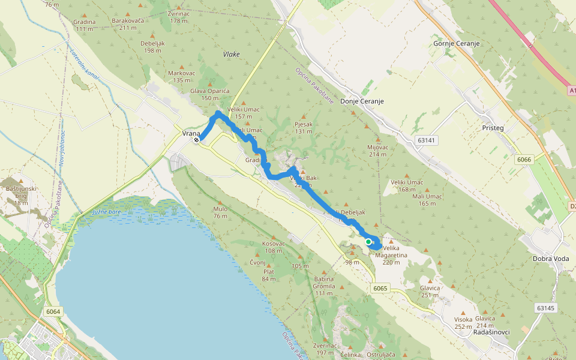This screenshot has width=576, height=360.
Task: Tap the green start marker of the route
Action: (368, 242)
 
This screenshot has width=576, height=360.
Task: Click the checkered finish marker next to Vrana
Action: (196, 140)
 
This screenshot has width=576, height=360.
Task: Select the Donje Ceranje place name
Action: (362, 101)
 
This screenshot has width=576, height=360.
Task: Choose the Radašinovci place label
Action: (491, 332)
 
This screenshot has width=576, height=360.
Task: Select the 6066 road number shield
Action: (524, 160)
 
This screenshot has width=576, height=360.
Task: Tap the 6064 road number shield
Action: (53, 311)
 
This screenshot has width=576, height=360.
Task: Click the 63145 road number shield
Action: (546, 308)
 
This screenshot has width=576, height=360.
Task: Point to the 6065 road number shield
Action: (380, 289)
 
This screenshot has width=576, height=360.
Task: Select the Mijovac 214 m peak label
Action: (377, 151)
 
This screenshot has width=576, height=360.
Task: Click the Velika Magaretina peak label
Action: (391, 251)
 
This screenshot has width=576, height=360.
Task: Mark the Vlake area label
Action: (231, 54)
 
